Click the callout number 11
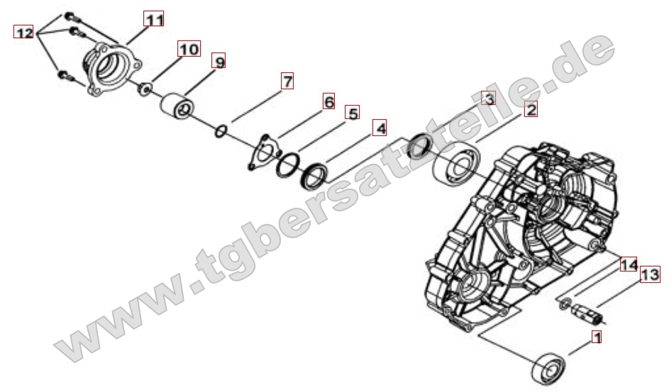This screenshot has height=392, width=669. click(x=155, y=19)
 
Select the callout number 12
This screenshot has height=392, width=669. click(x=23, y=32)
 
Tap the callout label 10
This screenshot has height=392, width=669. click(x=189, y=49)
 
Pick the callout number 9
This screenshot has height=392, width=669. click(x=220, y=63)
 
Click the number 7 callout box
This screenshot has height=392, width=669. click(x=287, y=81)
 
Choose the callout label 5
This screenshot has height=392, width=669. click(x=353, y=113)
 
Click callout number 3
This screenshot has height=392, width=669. click(x=487, y=99)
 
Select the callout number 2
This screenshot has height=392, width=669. click(x=530, y=109)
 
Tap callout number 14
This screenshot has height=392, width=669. click(x=628, y=265)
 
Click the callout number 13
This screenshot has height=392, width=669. click(x=650, y=275)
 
